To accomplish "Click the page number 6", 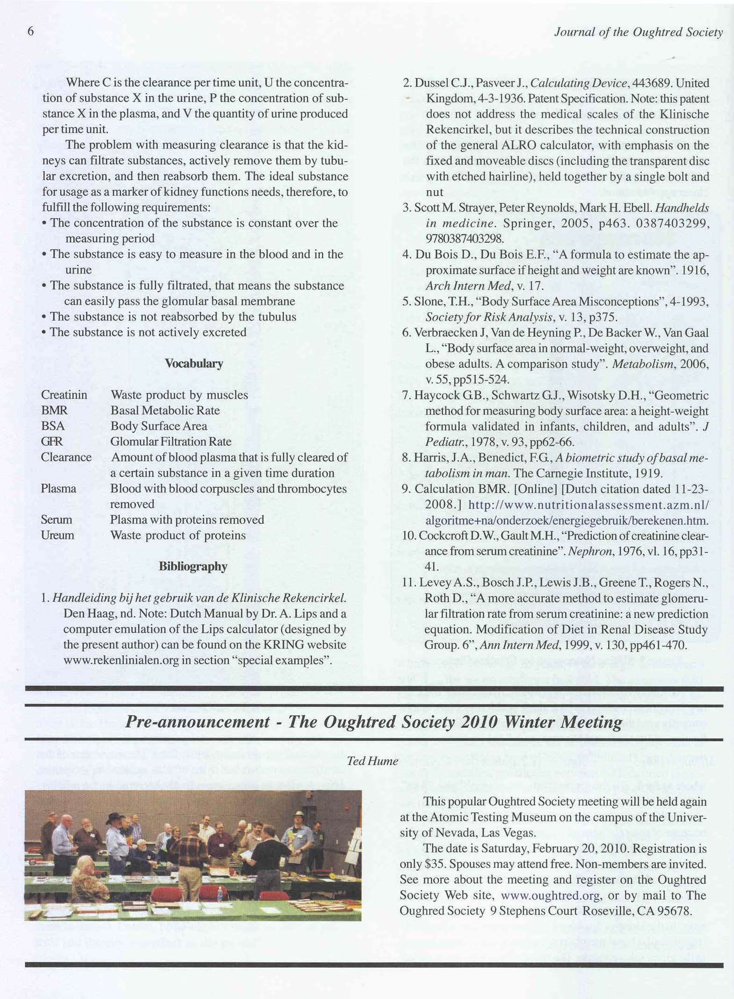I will coord(31,31).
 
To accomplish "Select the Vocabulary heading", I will coord(194,364).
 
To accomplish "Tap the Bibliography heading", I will coord(193,566).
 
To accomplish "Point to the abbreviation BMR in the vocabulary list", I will coord(54,411).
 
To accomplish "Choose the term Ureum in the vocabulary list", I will coord(57,535).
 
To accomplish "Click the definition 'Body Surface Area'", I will coord(159,426).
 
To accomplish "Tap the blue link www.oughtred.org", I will coord(550,896).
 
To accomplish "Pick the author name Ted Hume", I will coord(372,761).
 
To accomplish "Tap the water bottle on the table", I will coord(220,893).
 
